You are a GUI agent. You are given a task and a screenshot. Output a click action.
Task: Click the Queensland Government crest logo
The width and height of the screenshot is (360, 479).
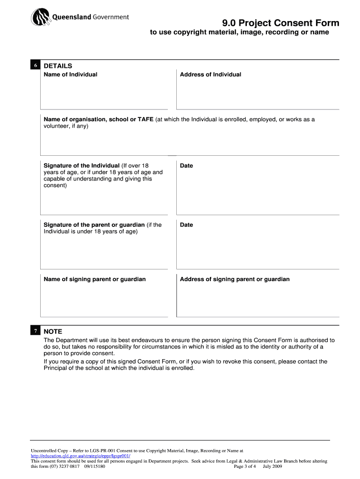(x=40, y=18)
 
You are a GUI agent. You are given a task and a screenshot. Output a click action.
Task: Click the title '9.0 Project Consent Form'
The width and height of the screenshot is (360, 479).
(x=281, y=23)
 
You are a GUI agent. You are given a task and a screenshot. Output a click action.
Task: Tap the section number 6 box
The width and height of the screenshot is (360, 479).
(x=35, y=66)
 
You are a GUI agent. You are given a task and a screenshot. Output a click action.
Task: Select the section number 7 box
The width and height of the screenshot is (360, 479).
(x=35, y=331)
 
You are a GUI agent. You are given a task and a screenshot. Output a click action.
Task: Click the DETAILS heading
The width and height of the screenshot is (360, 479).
(x=58, y=66)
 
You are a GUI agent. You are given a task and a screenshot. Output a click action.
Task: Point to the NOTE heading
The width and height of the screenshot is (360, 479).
(x=52, y=331)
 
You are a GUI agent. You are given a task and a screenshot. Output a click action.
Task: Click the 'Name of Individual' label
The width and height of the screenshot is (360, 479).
(x=70, y=74)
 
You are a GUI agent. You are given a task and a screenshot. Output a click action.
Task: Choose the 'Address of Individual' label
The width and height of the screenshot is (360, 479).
(x=210, y=74)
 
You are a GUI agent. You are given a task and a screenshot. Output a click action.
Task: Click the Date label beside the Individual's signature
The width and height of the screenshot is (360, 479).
(x=186, y=166)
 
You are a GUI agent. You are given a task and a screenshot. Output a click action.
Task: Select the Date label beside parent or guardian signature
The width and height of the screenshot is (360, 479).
(x=186, y=225)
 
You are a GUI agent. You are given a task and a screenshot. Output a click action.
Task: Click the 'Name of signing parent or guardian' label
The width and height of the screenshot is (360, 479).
(x=94, y=279)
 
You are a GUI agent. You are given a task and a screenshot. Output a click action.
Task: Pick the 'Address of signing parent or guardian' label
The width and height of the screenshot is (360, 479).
(x=235, y=279)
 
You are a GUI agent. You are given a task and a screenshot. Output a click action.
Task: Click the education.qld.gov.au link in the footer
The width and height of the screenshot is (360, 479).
(x=80, y=456)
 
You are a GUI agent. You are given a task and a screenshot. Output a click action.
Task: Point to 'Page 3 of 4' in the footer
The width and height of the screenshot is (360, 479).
(x=245, y=466)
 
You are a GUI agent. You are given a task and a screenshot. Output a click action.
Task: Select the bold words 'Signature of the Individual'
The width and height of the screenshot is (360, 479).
(x=81, y=166)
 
